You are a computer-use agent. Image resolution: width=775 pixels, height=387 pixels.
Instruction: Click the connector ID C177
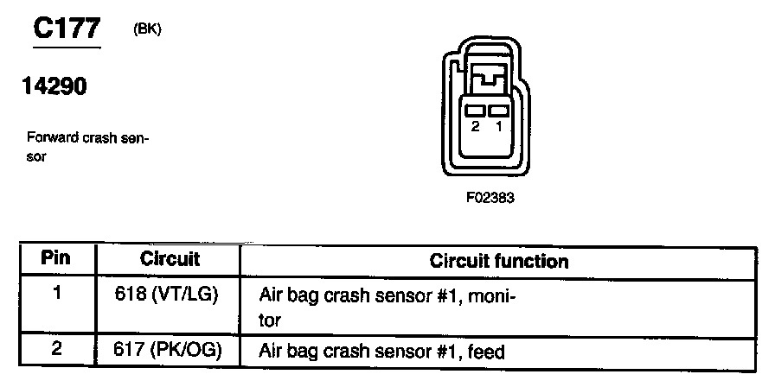[x=67, y=29]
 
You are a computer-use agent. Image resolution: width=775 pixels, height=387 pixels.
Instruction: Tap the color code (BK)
[x=148, y=29]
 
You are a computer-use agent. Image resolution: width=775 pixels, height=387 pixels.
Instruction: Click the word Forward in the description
[x=48, y=137]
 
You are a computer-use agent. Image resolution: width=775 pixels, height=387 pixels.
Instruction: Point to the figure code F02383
[x=490, y=197]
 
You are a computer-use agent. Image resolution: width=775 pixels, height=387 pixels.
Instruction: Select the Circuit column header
[x=170, y=258]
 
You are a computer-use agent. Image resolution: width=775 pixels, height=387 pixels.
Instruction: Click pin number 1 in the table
[x=56, y=293]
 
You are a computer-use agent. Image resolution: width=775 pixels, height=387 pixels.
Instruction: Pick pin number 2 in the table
[x=56, y=351]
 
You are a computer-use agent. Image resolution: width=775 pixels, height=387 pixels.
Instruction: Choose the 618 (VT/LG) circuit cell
[x=166, y=293]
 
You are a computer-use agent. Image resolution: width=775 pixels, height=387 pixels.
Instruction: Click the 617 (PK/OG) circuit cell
[x=166, y=352]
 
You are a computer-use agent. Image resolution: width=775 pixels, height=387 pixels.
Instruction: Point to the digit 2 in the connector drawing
[x=475, y=126]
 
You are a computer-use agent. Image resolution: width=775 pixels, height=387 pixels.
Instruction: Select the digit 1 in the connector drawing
[x=497, y=126]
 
